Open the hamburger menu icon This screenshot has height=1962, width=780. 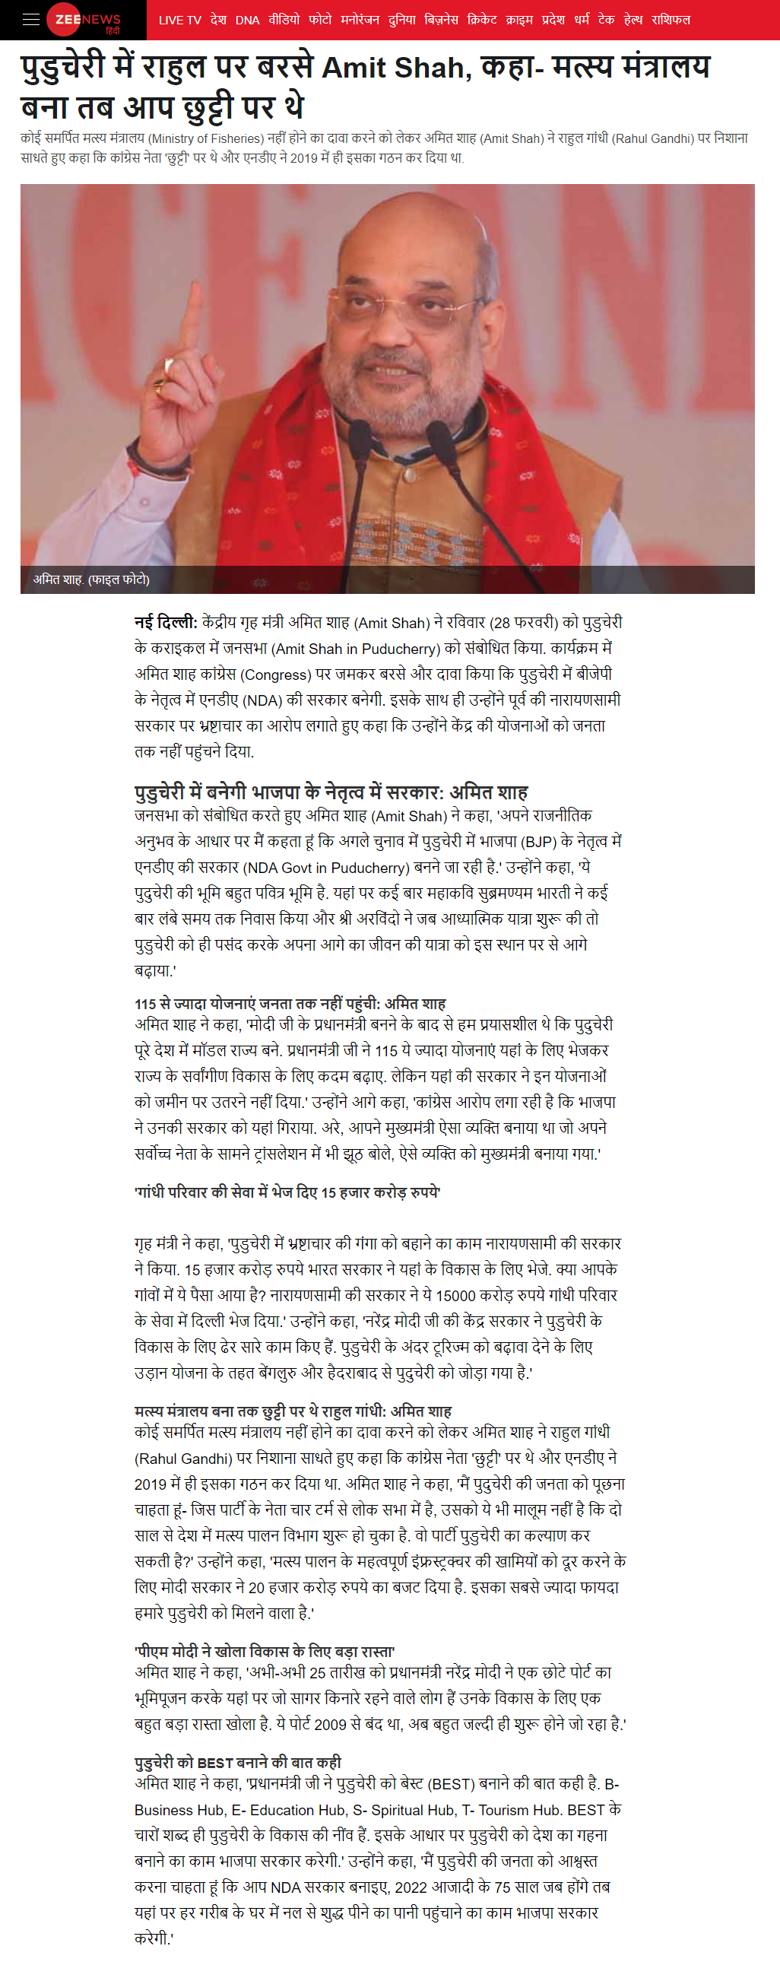coord(31,20)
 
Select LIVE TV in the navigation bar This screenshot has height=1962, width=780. coord(179,20)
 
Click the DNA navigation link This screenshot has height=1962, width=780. coord(248,20)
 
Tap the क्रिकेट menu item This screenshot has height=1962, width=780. coord(482,20)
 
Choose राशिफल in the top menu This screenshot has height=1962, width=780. coord(671,20)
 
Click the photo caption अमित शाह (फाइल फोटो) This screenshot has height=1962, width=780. coord(91,579)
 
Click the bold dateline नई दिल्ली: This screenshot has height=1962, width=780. coord(165,623)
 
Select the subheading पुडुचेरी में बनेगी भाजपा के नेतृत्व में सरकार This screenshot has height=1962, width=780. coord(331,793)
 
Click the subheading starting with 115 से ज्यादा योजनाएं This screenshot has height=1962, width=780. coord(290,1004)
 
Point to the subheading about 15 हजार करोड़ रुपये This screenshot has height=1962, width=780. coord(287,1192)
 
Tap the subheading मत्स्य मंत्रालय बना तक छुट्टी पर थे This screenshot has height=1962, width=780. coord(293,1411)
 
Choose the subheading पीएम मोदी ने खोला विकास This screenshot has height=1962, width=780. coord(265,1651)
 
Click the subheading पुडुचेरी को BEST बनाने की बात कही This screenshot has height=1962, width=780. coord(238,1763)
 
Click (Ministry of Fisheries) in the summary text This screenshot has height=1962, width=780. coord(205,138)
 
